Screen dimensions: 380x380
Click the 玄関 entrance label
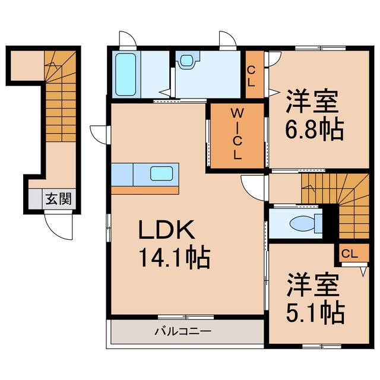click(57, 199)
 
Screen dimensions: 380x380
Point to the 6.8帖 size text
click(313, 129)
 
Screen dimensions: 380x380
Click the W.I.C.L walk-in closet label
click(236, 134)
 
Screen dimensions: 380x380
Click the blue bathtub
click(126, 74)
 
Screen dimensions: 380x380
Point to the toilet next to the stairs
click(303, 223)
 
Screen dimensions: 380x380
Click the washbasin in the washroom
click(187, 59)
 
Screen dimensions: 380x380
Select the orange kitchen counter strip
click(145, 190)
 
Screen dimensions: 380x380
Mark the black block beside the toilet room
click(330, 223)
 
